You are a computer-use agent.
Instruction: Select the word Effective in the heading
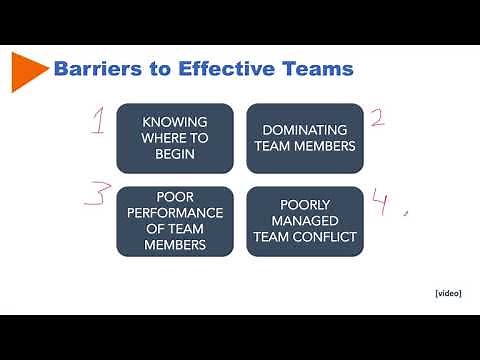click(220, 70)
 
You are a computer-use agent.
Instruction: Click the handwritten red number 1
click(100, 123)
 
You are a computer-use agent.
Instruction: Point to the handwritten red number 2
click(377, 118)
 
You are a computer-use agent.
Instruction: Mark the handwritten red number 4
click(382, 203)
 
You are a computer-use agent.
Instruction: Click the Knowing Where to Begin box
click(175, 139)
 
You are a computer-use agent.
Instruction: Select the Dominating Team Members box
click(305, 139)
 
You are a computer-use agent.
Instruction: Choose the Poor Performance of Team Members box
click(175, 221)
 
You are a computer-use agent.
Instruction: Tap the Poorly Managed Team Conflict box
click(305, 221)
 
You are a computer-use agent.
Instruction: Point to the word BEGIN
click(175, 155)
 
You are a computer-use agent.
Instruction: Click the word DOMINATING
click(305, 130)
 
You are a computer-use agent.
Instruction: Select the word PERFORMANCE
click(175, 212)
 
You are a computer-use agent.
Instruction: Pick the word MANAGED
click(305, 221)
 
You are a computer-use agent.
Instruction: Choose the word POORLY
click(305, 204)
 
